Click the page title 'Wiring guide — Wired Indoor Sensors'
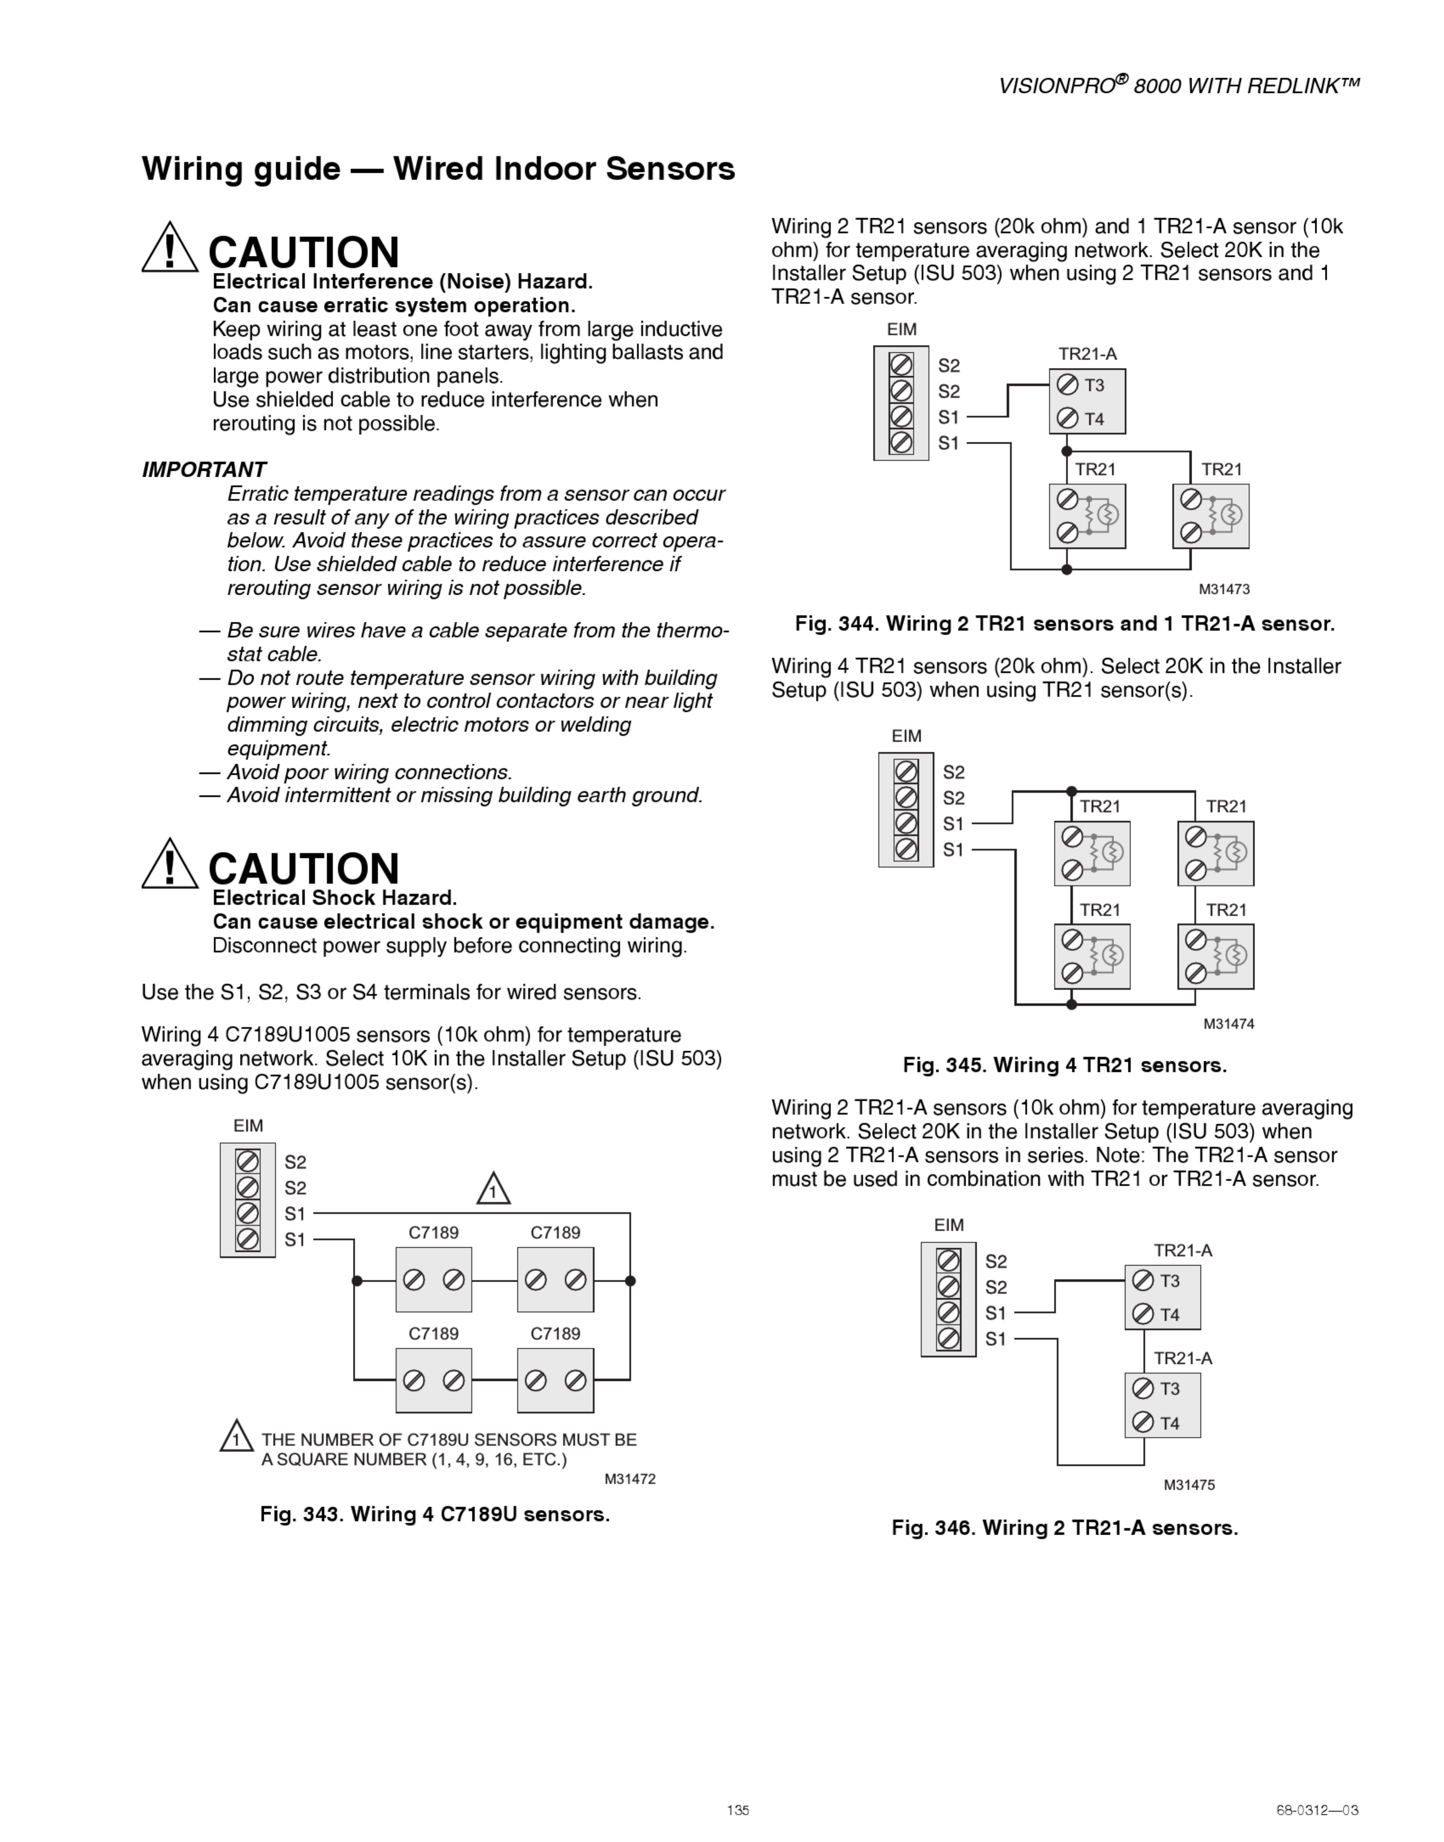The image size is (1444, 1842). [x=438, y=169]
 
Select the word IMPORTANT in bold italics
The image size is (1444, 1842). [x=204, y=470]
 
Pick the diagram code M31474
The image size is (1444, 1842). [x=1228, y=1024]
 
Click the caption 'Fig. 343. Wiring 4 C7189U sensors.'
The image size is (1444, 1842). [x=434, y=1514]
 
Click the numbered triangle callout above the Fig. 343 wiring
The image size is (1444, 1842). [x=493, y=1190]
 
